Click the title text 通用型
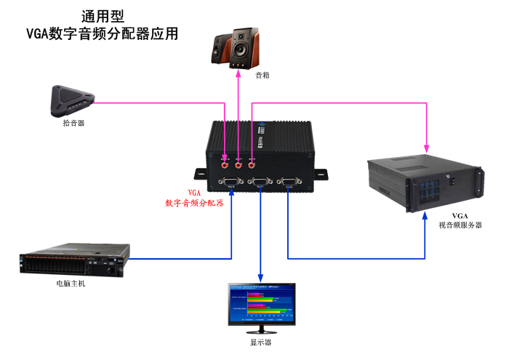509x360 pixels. tap(102, 16)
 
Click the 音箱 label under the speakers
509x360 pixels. tap(262, 75)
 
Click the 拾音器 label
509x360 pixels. tap(73, 123)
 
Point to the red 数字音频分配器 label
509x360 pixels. tap(194, 203)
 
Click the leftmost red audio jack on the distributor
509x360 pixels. tap(225, 164)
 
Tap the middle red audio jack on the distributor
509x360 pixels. tap(239, 164)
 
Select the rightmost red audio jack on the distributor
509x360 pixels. tap(252, 164)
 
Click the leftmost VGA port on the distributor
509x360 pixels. tap(231, 182)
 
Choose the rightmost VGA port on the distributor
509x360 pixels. tap(289, 182)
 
